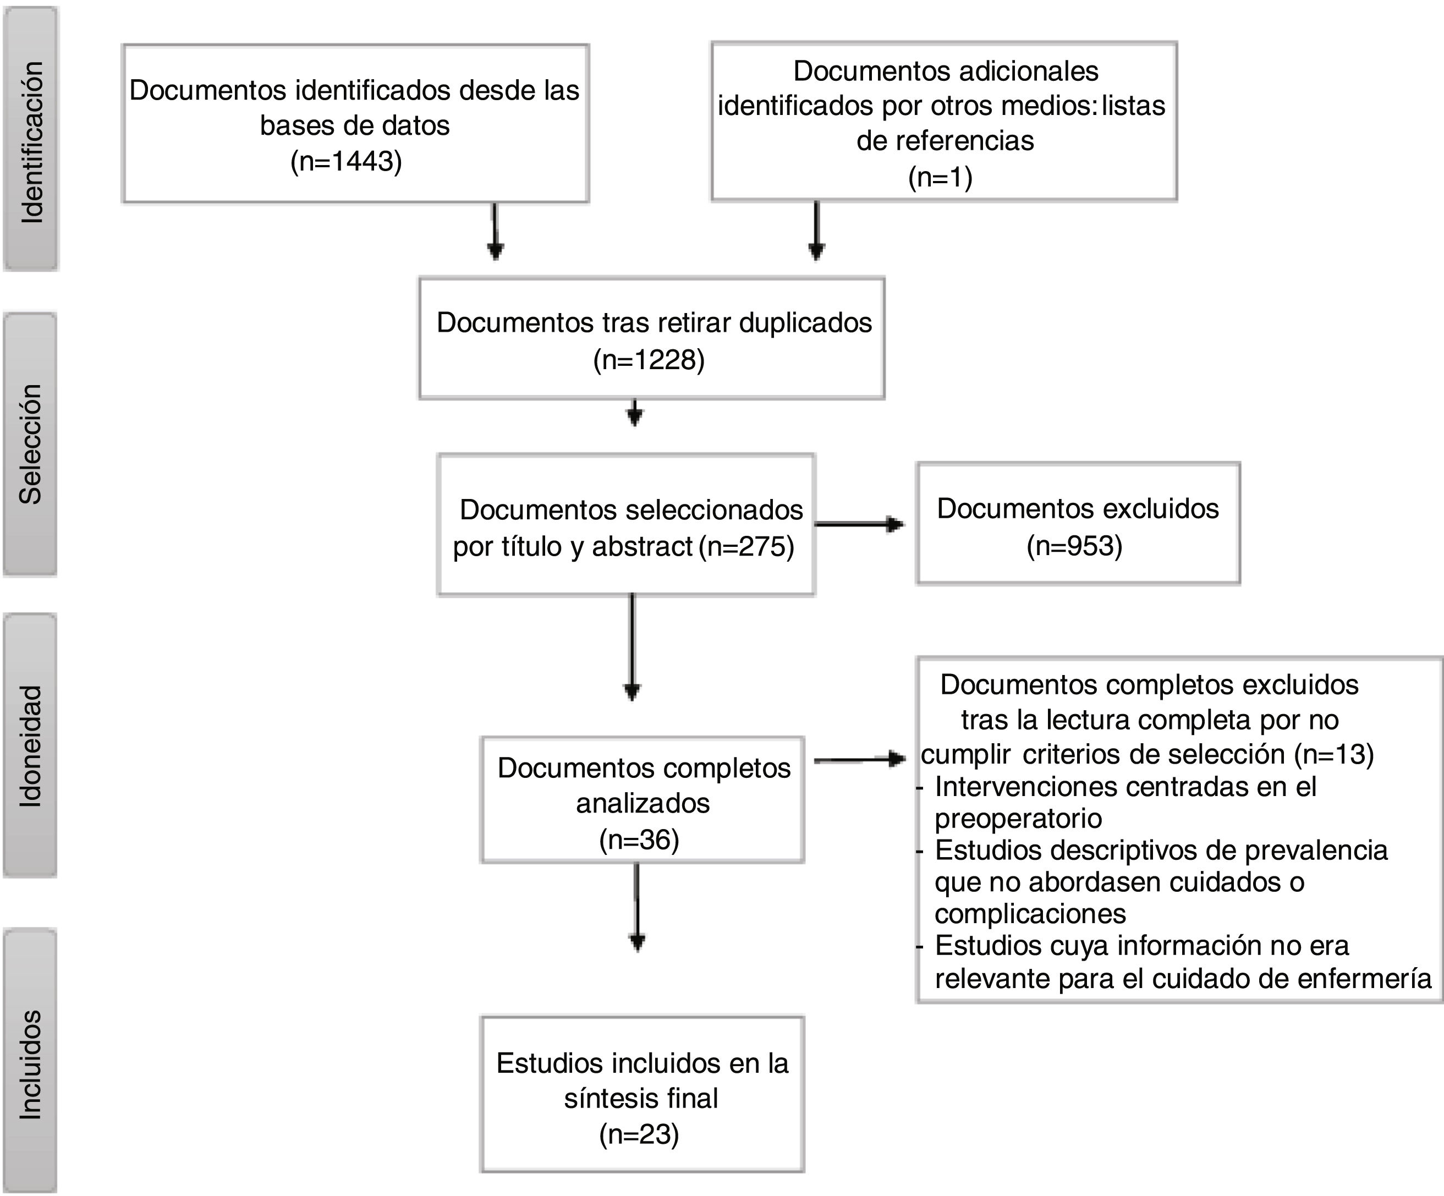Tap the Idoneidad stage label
pos(30,745)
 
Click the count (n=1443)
pos(346,162)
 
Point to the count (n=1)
pos(940,178)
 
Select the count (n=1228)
pos(649,360)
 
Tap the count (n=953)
pos(1074,546)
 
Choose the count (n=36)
pos(639,840)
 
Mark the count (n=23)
pos(639,1134)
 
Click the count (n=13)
pos(1333,754)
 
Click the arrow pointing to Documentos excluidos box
pos(859,524)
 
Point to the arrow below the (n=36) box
pos(637,907)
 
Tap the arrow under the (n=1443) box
pos(495,231)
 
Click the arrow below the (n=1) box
pos(816,231)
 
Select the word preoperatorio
pos(1018,819)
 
